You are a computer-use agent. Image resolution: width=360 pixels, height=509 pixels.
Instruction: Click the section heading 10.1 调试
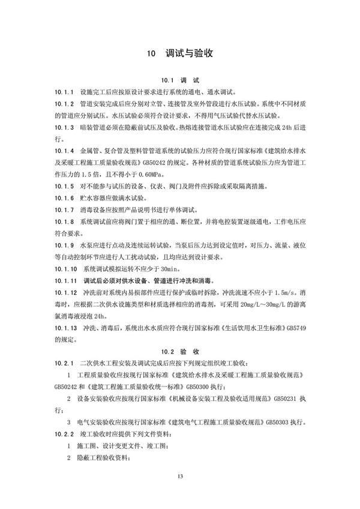coord(180,80)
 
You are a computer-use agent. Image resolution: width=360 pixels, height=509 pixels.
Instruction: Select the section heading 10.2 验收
coord(180,351)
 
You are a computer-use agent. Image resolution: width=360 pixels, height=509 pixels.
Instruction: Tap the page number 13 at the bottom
coord(179,476)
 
